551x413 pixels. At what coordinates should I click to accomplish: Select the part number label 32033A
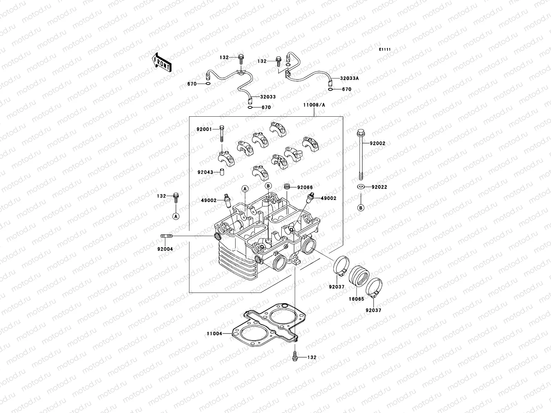tap(349, 78)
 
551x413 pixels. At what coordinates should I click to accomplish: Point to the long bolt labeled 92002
tap(361, 155)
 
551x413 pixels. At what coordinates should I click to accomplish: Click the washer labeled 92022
tap(361, 187)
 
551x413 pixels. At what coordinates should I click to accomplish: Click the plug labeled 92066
tap(286, 187)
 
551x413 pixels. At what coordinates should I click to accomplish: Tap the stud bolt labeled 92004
tap(166, 236)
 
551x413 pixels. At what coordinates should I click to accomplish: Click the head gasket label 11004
tap(214, 333)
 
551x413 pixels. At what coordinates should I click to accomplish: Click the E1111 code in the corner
tap(385, 50)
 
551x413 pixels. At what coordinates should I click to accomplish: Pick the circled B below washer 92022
tap(361, 208)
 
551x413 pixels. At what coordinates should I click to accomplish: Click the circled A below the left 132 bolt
tap(176, 216)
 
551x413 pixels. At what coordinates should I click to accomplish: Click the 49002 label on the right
tap(329, 198)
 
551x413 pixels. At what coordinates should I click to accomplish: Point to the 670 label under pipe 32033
tap(266, 107)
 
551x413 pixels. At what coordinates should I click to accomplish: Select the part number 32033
tap(268, 97)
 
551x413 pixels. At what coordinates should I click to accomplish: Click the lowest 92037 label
tap(374, 310)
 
